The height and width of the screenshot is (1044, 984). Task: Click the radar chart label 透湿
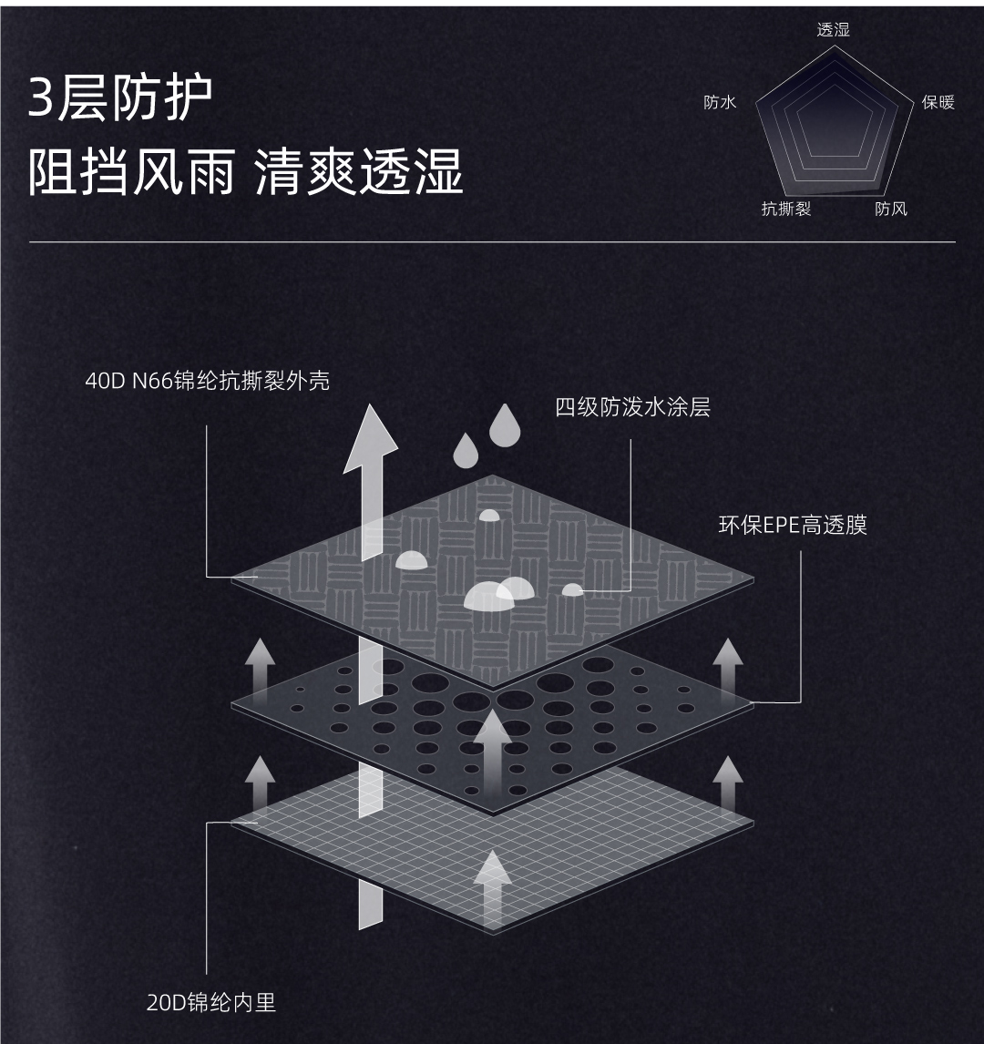click(x=833, y=30)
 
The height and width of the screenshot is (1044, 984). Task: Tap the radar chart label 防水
click(x=720, y=102)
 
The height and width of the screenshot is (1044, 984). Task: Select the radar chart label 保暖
click(x=938, y=102)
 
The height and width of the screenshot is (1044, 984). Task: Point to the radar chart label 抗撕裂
click(x=785, y=209)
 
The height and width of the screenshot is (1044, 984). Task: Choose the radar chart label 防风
click(x=890, y=209)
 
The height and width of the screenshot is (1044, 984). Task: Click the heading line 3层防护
click(x=120, y=98)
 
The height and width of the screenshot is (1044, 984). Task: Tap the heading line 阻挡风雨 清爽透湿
click(x=246, y=171)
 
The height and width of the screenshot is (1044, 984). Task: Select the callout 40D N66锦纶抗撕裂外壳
click(x=208, y=380)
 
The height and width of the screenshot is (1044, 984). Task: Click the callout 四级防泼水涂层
click(x=632, y=406)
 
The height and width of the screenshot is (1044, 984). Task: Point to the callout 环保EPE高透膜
click(x=793, y=525)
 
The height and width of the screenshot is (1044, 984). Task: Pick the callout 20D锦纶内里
click(x=211, y=1003)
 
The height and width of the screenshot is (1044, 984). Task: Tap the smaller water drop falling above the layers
click(x=466, y=448)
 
